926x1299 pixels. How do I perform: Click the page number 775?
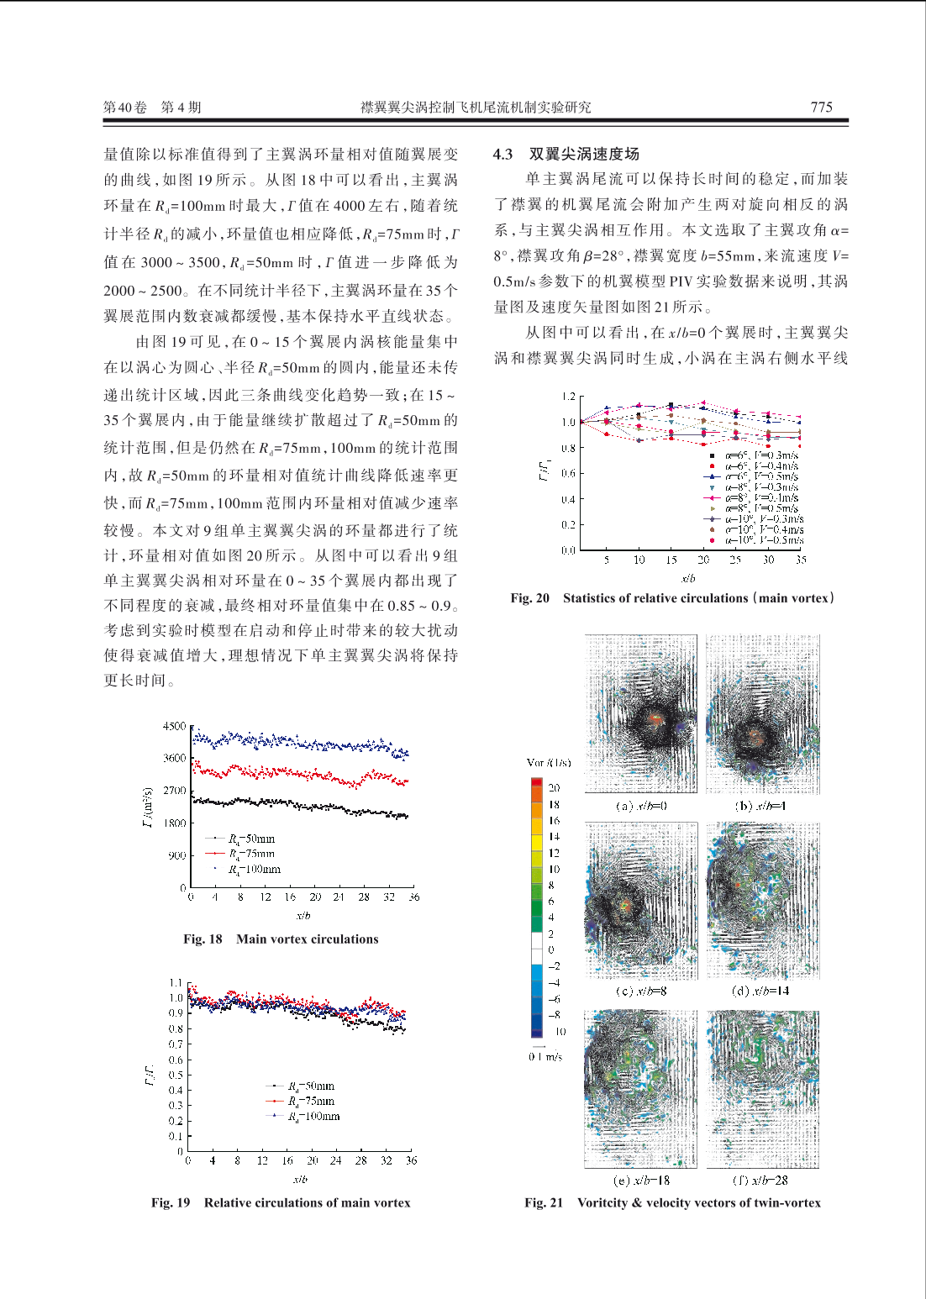[821, 107]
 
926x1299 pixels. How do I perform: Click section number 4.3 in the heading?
[502, 154]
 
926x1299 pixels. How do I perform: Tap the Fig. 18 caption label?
[203, 939]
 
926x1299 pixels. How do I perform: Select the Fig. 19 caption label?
[171, 1203]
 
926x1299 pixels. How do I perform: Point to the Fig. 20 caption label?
[529, 598]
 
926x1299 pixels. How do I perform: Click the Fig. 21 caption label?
[544, 1203]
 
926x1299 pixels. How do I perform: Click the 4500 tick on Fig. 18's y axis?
[174, 726]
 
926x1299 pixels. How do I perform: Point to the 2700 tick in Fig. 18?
[174, 791]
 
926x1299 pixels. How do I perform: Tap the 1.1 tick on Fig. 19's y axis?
[176, 982]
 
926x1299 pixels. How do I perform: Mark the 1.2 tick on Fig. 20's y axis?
[569, 397]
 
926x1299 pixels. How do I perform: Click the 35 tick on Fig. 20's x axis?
[801, 560]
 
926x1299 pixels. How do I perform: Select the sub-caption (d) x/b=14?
[760, 991]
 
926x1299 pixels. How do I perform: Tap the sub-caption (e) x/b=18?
[641, 1180]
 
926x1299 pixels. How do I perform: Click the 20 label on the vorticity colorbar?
[554, 788]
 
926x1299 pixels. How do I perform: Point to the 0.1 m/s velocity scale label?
[545, 1057]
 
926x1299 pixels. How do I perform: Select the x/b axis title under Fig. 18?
[303, 915]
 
